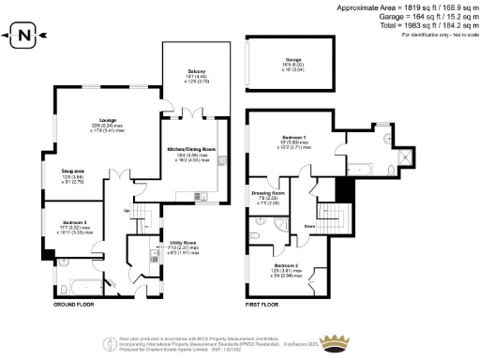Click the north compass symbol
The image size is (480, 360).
[x=24, y=37]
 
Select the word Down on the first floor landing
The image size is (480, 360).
[x=310, y=225]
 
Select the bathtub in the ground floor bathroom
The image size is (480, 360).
[x=70, y=286]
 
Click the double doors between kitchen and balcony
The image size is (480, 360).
[x=193, y=115]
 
